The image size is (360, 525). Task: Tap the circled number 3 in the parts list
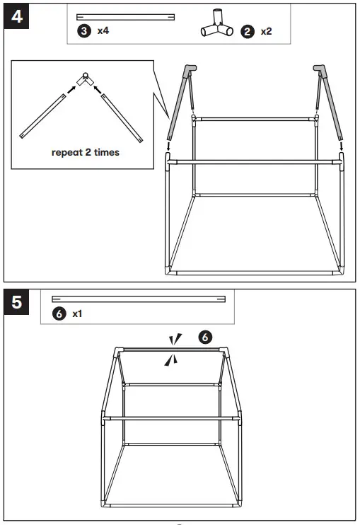click(x=84, y=32)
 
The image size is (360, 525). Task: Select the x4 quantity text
click(x=103, y=32)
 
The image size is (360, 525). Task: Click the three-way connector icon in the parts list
click(x=217, y=25)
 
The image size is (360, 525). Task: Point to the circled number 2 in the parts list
click(x=248, y=32)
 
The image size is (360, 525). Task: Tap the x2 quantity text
click(x=267, y=32)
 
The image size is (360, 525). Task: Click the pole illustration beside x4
click(x=125, y=16)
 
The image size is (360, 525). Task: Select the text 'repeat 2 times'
click(x=85, y=152)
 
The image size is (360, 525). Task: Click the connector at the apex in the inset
click(x=85, y=79)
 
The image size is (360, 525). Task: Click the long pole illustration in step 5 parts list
click(x=138, y=299)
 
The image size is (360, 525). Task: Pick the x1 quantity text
click(x=78, y=313)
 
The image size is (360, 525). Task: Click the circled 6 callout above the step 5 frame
click(x=205, y=337)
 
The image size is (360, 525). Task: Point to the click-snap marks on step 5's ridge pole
click(x=172, y=350)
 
